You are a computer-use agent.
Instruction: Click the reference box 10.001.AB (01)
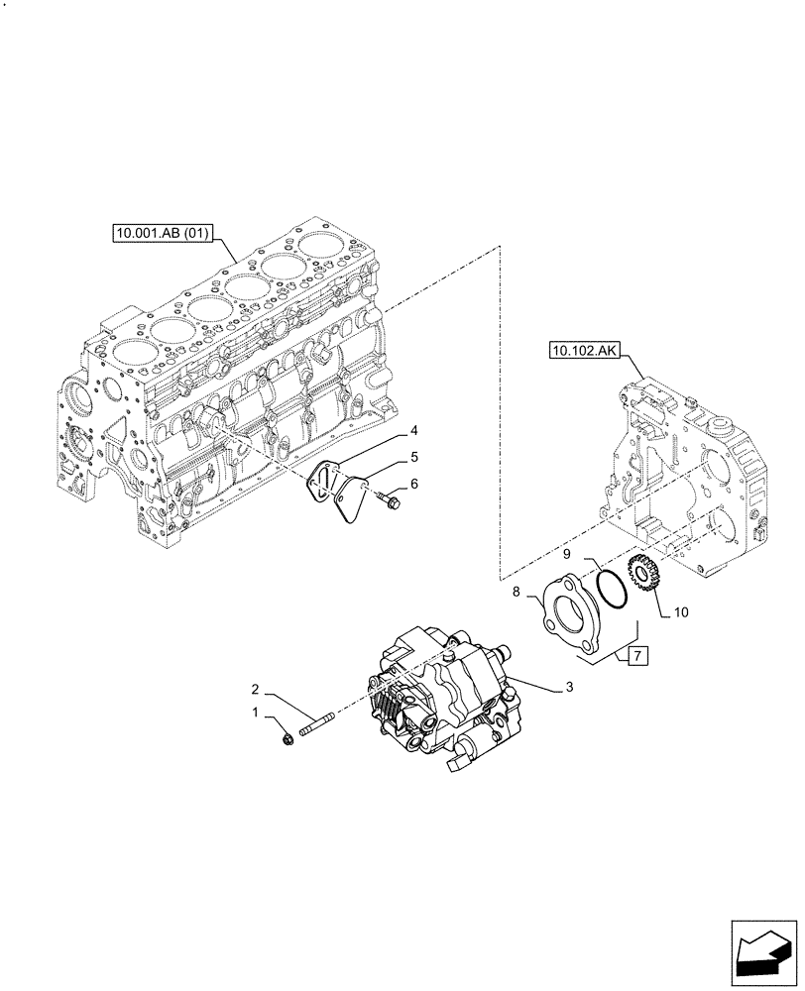pyautogui.click(x=162, y=234)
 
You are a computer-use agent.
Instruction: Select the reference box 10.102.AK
pyautogui.click(x=580, y=350)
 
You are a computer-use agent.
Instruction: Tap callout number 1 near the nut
pyautogui.click(x=256, y=713)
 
